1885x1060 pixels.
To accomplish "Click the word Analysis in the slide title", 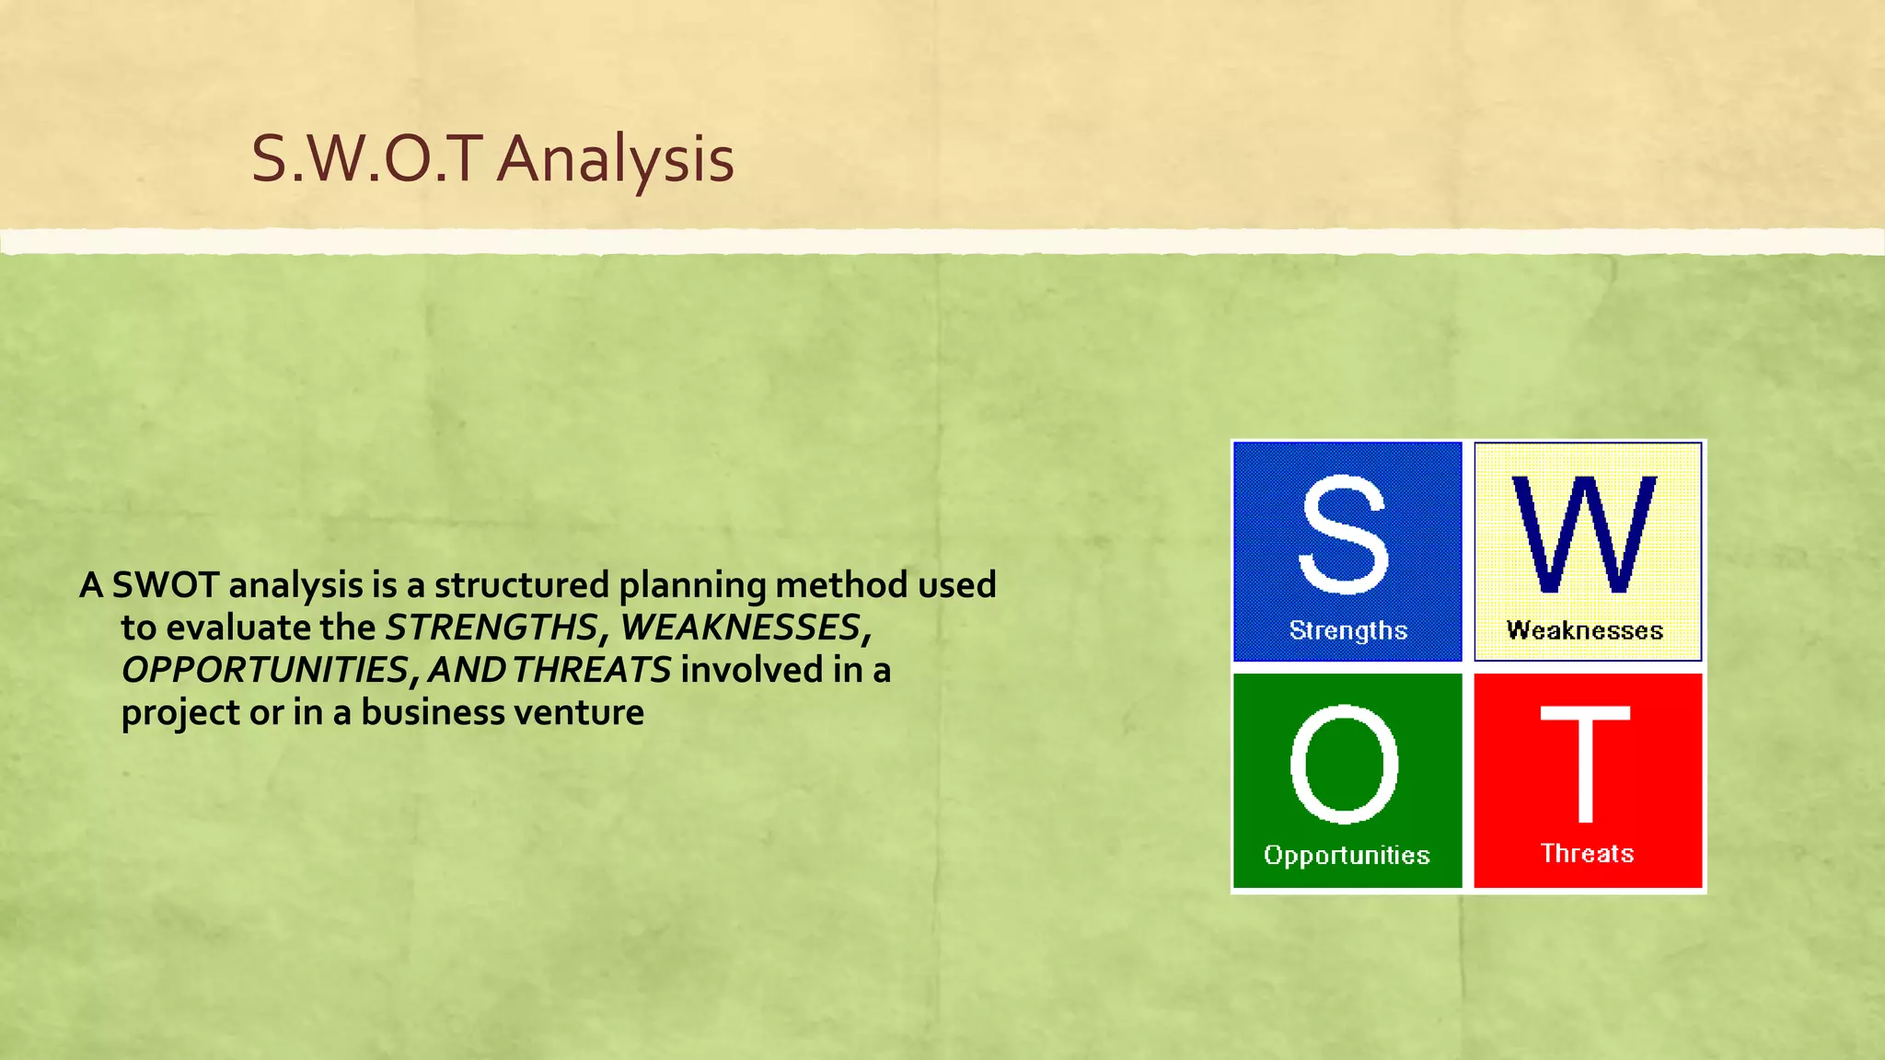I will point(616,159).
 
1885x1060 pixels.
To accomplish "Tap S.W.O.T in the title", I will point(367,159).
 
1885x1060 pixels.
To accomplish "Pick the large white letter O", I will point(1344,764).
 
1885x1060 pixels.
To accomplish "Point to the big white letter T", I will point(1585,764).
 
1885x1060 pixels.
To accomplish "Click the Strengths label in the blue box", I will point(1347,630).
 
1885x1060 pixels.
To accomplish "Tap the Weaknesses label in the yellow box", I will point(1584,630).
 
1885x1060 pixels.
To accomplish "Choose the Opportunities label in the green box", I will point(1347,855).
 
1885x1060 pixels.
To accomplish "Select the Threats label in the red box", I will point(1587,853).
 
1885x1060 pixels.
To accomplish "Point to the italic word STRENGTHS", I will point(491,628).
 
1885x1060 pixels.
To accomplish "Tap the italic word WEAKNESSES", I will point(740,628).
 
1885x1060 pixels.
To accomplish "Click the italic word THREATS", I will point(592,670).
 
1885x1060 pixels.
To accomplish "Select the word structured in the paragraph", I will point(522,585).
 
